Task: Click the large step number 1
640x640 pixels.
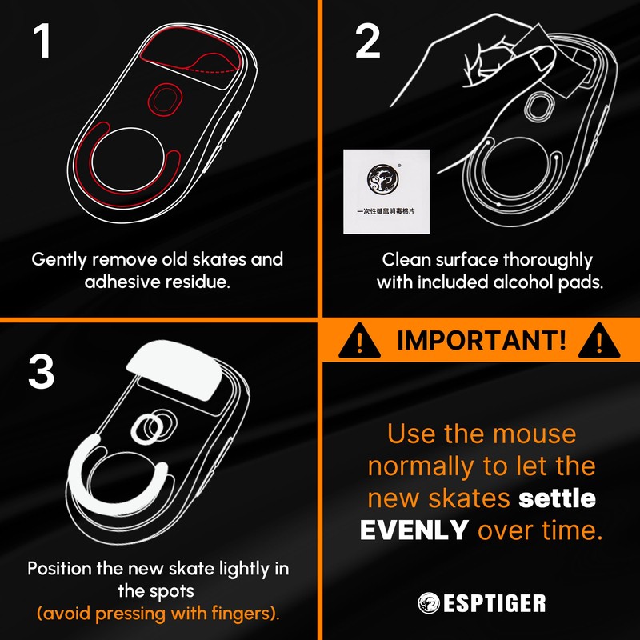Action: click(x=43, y=42)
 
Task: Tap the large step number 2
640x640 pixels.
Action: click(x=367, y=42)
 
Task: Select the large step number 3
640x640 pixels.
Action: click(x=43, y=370)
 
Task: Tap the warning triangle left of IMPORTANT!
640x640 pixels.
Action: click(x=359, y=341)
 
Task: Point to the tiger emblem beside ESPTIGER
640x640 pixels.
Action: click(x=428, y=603)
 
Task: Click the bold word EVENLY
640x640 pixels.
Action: click(x=414, y=529)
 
